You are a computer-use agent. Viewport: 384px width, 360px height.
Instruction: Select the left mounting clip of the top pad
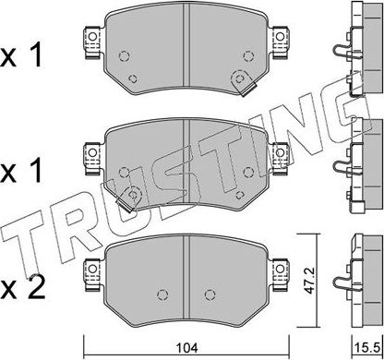[90, 40]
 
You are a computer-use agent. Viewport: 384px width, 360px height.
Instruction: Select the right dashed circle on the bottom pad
[238, 296]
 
